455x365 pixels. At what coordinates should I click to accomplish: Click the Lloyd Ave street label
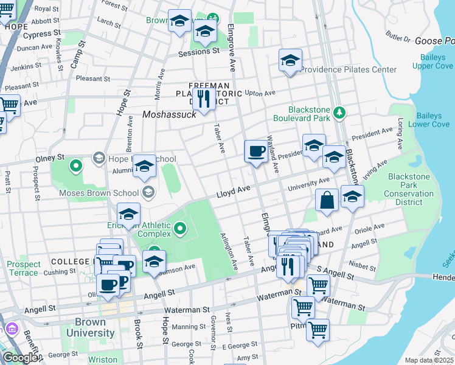[x=234, y=192]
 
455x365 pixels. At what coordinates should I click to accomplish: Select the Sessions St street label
[x=198, y=53]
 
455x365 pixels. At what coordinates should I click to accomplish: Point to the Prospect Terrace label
[x=24, y=268]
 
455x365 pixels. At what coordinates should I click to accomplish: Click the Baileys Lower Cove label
[x=433, y=120]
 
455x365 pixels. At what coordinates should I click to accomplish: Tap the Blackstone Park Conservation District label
[x=411, y=194]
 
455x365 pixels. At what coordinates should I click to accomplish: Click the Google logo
[x=19, y=358]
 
